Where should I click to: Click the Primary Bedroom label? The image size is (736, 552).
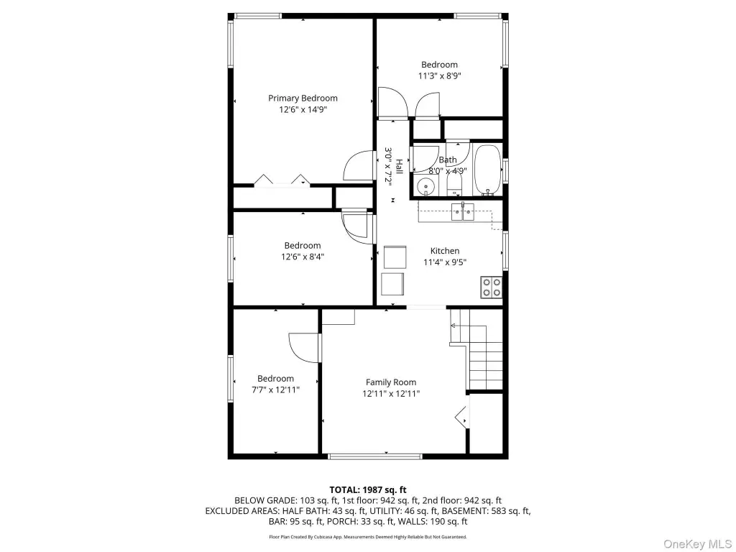click(303, 98)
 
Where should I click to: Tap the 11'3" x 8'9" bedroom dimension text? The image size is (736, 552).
click(440, 75)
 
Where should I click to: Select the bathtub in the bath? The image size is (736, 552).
click(487, 170)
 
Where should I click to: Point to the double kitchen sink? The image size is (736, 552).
click(463, 212)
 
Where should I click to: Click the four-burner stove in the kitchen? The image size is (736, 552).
click(491, 287)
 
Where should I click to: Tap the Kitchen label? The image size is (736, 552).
click(445, 251)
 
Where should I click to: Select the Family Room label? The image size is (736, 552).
click(391, 382)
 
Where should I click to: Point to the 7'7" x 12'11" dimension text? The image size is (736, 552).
click(275, 390)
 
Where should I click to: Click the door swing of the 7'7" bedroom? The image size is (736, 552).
click(304, 347)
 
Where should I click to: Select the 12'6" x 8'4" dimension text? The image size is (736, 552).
click(303, 257)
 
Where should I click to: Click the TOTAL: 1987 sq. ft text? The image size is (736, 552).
click(368, 490)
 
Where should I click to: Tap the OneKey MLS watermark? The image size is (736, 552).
click(697, 543)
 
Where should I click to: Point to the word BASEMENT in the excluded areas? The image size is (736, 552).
click(464, 511)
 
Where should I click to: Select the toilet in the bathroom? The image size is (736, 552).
click(454, 184)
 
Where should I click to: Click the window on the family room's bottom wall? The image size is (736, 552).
click(375, 456)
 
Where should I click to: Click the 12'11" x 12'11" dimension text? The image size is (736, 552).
click(391, 393)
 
